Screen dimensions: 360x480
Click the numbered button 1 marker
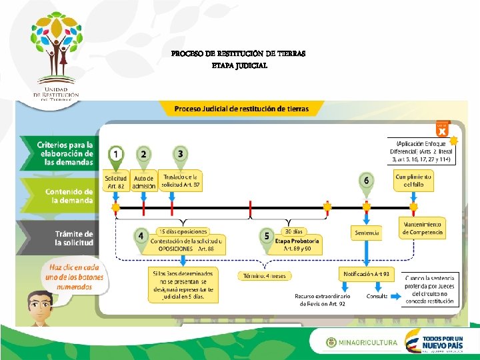tap(116, 155)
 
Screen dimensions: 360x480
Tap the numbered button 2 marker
tap(143, 155)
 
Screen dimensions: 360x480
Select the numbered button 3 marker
tap(180, 153)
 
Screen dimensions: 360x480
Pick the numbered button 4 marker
tap(140, 236)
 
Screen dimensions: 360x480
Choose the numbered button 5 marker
tap(266, 236)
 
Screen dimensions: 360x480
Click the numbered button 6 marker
tap(366, 181)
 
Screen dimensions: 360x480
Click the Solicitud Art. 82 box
tap(116, 181)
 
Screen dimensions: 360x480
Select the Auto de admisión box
tap(143, 181)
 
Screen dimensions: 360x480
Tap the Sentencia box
tap(366, 233)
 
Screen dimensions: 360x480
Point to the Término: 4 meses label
tap(265, 275)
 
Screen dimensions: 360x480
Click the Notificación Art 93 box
tap(367, 274)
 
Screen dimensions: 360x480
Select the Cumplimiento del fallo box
tap(413, 181)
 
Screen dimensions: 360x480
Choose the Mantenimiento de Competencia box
tap(422, 227)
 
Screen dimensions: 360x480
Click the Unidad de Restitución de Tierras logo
tap(56, 57)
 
